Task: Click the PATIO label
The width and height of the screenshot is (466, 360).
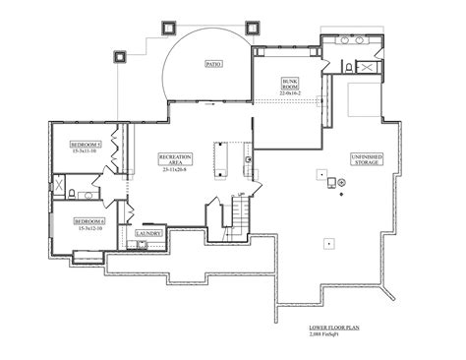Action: tap(212, 64)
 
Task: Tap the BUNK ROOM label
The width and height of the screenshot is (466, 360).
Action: tap(290, 83)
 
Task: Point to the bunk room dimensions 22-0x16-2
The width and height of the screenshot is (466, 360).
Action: tap(290, 93)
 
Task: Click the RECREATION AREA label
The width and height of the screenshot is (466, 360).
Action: tap(180, 159)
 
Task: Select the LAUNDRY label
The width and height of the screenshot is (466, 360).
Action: tap(148, 233)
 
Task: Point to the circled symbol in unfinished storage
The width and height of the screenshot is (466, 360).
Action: tap(341, 183)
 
